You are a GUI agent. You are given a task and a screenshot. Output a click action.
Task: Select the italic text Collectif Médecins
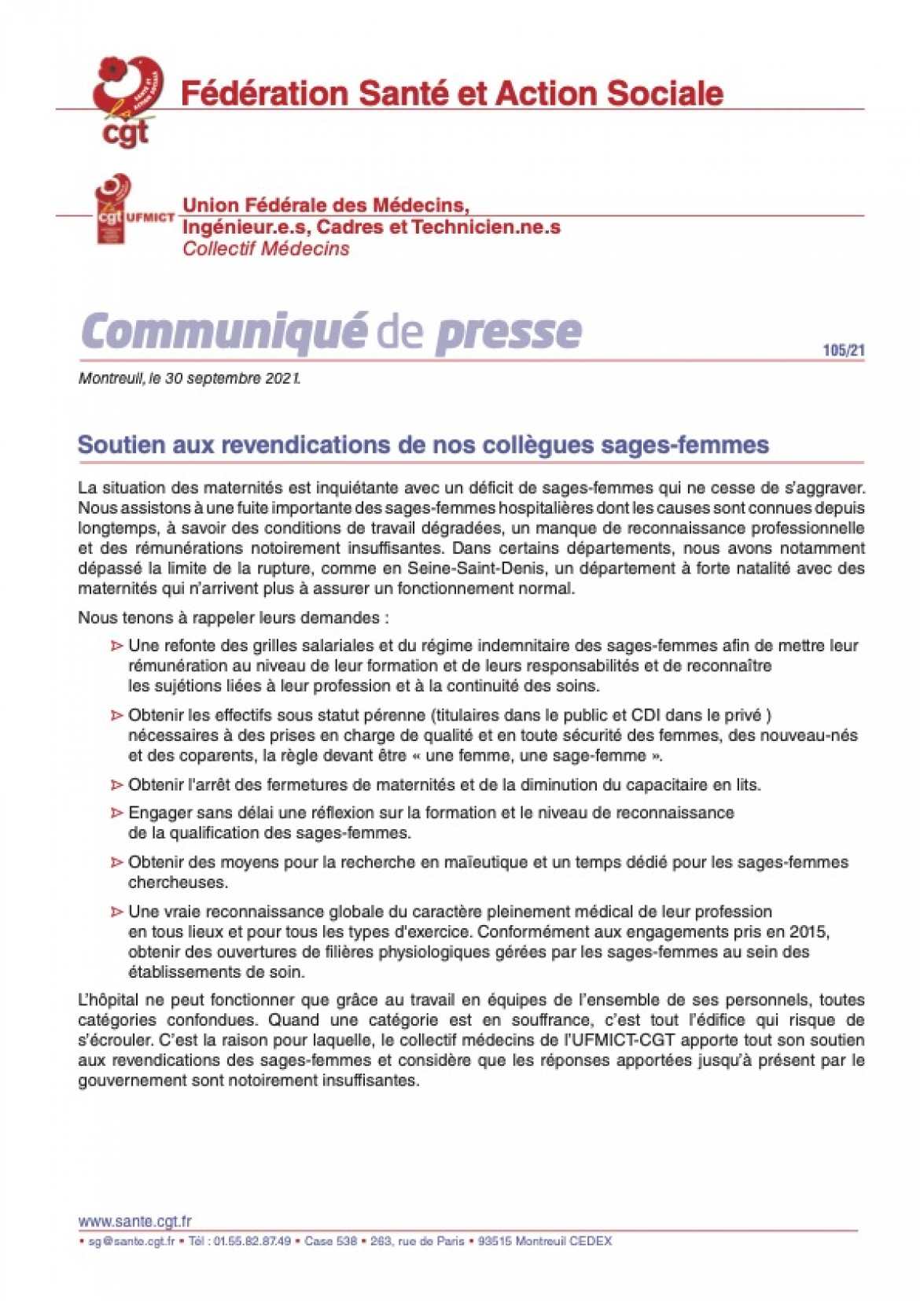pyautogui.click(x=266, y=249)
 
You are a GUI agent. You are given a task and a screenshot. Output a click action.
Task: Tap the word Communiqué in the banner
pyautogui.click(x=223, y=331)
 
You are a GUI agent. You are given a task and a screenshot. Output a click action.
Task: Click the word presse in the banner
pyautogui.click(x=508, y=331)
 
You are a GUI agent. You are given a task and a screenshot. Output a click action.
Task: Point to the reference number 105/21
pyautogui.click(x=843, y=350)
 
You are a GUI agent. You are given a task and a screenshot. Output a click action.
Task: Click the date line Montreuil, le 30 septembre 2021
pyautogui.click(x=190, y=378)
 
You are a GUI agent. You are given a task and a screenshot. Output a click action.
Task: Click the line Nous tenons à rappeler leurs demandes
pyautogui.click(x=234, y=617)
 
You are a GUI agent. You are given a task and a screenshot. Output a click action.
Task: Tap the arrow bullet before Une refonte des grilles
pyautogui.click(x=116, y=646)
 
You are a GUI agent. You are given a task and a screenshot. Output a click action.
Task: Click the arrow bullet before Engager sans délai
pyautogui.click(x=116, y=813)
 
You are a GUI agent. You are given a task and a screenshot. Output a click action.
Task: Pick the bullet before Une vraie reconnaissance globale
pyautogui.click(x=116, y=912)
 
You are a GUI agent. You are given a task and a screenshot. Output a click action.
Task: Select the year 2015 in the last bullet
pyautogui.click(x=811, y=931)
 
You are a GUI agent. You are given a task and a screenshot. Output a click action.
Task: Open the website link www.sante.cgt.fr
pyautogui.click(x=134, y=1221)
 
